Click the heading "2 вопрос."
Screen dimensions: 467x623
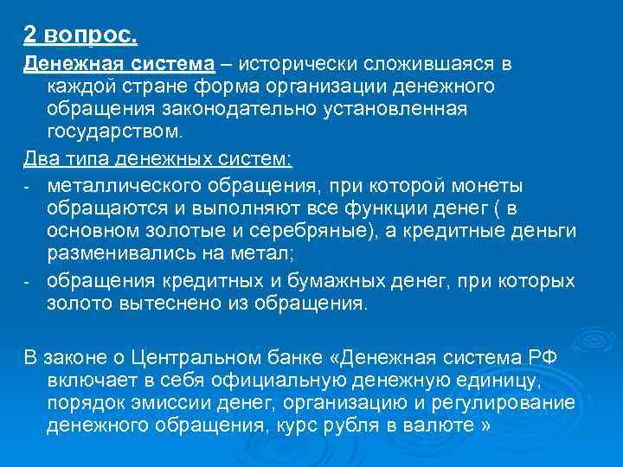coord(80,35)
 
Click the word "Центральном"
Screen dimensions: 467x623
coord(189,357)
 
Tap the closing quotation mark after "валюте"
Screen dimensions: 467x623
coord(485,426)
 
